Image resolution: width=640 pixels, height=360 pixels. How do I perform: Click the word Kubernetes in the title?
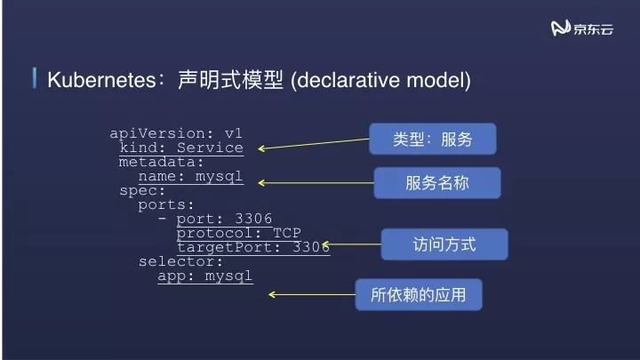pos(100,80)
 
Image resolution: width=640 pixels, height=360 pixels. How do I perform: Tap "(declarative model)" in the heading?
pos(380,80)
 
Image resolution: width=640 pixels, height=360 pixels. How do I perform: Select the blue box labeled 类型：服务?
pos(432,140)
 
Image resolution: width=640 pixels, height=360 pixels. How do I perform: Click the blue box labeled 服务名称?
pos(436,183)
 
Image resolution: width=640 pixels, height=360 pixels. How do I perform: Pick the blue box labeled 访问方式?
pos(444,244)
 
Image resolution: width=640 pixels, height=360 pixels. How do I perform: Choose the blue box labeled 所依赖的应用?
pos(418,294)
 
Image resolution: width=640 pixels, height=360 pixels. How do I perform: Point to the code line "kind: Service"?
pos(181,148)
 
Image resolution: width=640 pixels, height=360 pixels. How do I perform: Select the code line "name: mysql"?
pos(190,176)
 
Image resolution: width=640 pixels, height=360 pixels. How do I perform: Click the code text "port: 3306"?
pos(224,219)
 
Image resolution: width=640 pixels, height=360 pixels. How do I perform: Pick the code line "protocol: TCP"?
pos(239,233)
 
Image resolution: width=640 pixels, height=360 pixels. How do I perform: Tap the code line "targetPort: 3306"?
pos(253,247)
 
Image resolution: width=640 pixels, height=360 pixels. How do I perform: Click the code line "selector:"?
pos(181,261)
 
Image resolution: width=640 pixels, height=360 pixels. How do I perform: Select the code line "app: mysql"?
pos(205,276)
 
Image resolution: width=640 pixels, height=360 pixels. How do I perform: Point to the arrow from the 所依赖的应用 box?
pos(312,294)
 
